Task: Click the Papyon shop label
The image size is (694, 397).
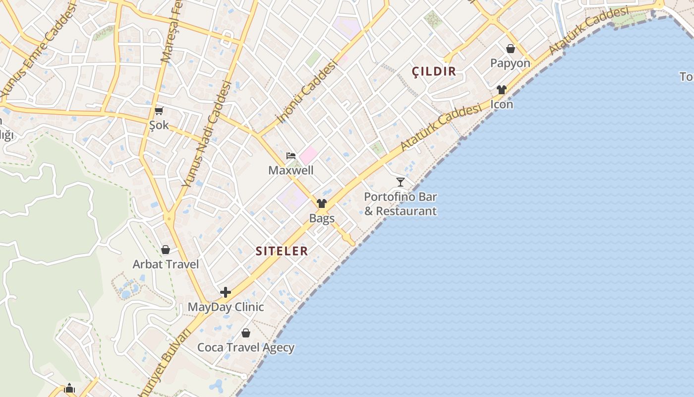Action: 510,64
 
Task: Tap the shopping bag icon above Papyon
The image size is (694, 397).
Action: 510,49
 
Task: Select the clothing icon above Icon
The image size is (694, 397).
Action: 502,90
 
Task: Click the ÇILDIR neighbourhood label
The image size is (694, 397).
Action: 434,71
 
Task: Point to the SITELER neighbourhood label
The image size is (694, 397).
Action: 282,251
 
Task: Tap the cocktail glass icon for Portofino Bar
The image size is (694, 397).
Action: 401,182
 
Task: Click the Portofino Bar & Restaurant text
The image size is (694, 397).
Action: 401,204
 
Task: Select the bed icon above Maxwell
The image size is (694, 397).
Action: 291,156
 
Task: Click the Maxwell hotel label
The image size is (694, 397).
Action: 291,171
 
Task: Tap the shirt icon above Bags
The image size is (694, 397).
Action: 322,203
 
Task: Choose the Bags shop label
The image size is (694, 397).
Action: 322,218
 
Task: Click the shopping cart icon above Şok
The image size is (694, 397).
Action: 159,111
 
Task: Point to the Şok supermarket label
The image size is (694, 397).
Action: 159,125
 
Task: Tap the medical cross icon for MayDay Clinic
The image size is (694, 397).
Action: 226,292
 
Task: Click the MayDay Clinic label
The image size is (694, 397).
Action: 226,307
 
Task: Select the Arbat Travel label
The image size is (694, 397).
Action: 166,265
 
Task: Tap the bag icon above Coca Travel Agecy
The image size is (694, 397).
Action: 245,333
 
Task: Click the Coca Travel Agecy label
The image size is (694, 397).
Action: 246,348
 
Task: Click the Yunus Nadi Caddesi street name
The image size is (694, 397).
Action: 207,134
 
